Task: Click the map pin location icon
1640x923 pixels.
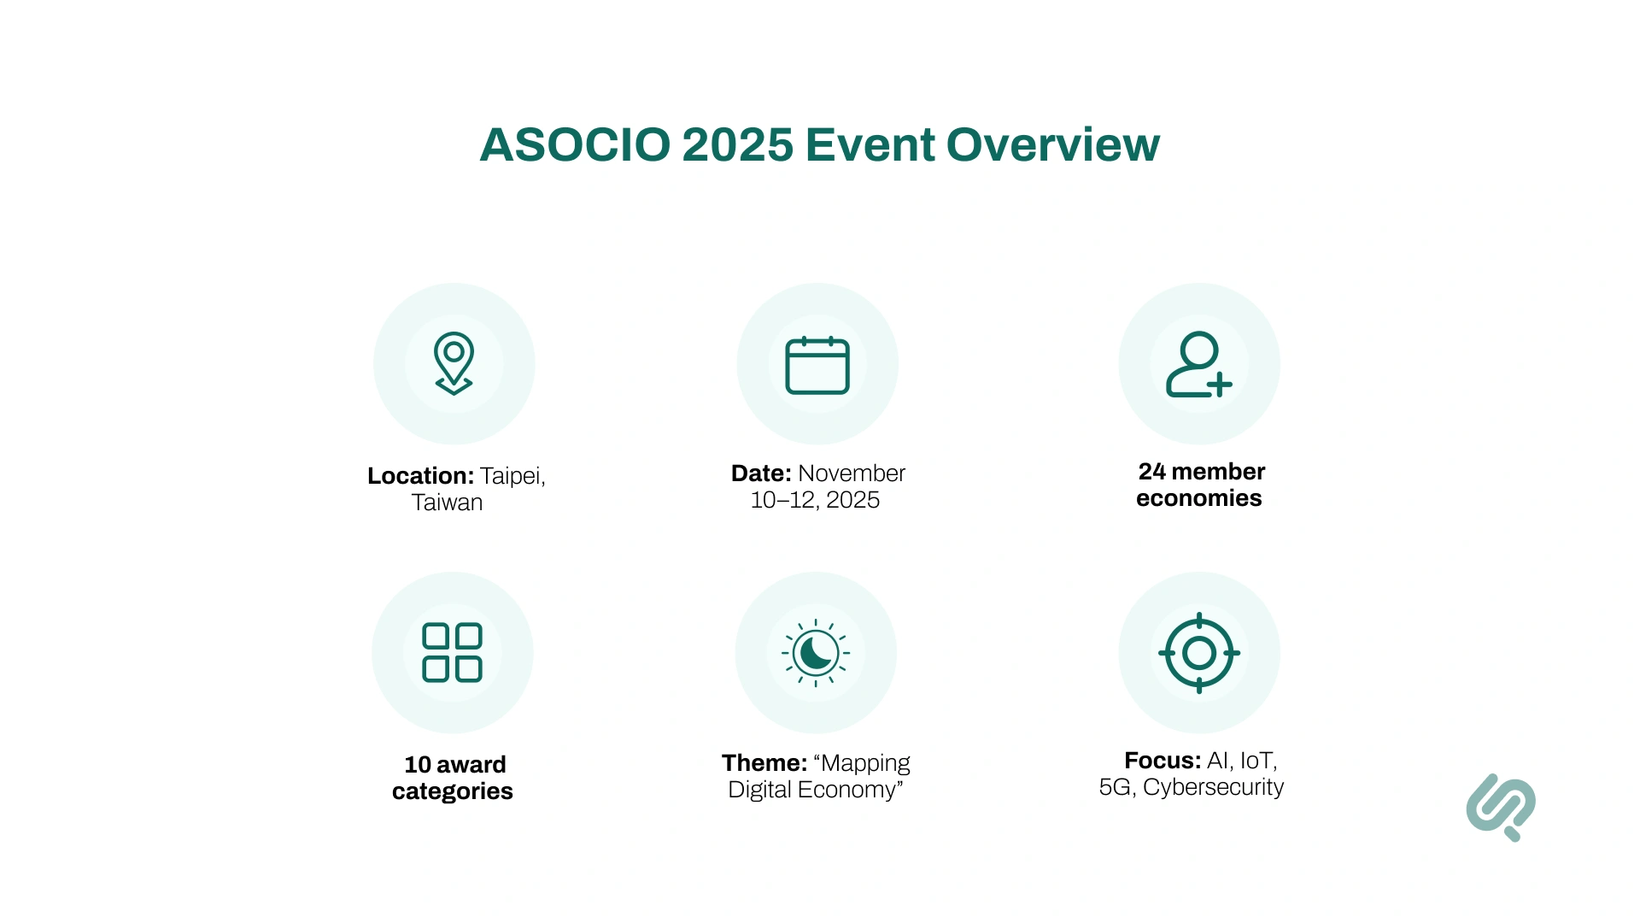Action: click(454, 363)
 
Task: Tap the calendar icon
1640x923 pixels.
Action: click(817, 366)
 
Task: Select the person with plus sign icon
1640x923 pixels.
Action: click(1198, 365)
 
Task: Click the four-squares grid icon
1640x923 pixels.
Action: click(453, 653)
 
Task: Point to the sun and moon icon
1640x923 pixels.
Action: click(816, 653)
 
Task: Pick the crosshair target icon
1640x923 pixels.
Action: click(1199, 653)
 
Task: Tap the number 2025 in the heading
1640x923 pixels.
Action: click(737, 145)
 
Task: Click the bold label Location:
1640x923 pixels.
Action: click(420, 476)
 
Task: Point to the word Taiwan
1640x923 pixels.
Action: click(447, 503)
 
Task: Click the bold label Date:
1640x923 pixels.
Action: click(761, 473)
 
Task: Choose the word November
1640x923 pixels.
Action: click(852, 473)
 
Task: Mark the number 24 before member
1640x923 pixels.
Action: click(1151, 472)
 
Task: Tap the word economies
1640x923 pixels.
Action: click(1198, 498)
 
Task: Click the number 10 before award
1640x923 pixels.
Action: click(418, 765)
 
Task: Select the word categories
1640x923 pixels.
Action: click(453, 791)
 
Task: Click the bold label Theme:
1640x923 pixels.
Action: click(764, 763)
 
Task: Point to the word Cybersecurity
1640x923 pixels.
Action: click(1213, 787)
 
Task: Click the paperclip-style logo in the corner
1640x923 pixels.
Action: click(1501, 807)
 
